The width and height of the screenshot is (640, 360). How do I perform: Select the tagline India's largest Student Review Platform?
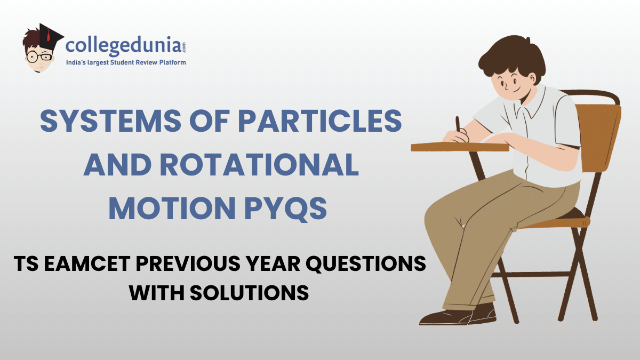point(125,63)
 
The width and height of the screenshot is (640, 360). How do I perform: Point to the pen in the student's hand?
point(458,125)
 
